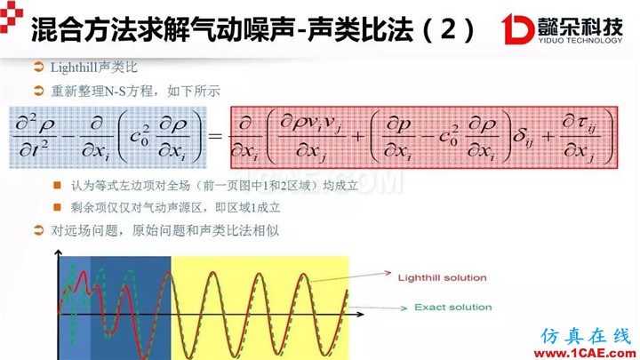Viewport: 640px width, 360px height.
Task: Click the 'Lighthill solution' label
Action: [442, 278]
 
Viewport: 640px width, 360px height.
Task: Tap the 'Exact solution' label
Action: [453, 308]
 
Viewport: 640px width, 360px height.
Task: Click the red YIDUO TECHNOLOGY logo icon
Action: [517, 28]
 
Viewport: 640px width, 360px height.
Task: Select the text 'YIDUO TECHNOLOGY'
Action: [580, 40]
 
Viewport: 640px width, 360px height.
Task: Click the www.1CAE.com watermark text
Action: [585, 354]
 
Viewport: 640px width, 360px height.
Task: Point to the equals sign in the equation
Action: [215, 135]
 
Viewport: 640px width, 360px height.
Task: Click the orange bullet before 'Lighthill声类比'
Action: [39, 67]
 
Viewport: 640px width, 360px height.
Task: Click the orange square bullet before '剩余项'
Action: [57, 207]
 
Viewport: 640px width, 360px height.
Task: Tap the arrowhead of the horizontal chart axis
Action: [360, 314]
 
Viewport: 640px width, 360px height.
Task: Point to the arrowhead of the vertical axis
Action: [59, 253]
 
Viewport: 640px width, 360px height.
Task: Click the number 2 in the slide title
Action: [448, 30]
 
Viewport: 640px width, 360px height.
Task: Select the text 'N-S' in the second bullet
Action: [116, 92]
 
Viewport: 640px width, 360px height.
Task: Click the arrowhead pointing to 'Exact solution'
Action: [404, 308]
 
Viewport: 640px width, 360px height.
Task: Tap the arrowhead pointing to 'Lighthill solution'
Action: [388, 273]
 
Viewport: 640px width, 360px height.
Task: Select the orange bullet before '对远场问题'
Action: [39, 230]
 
